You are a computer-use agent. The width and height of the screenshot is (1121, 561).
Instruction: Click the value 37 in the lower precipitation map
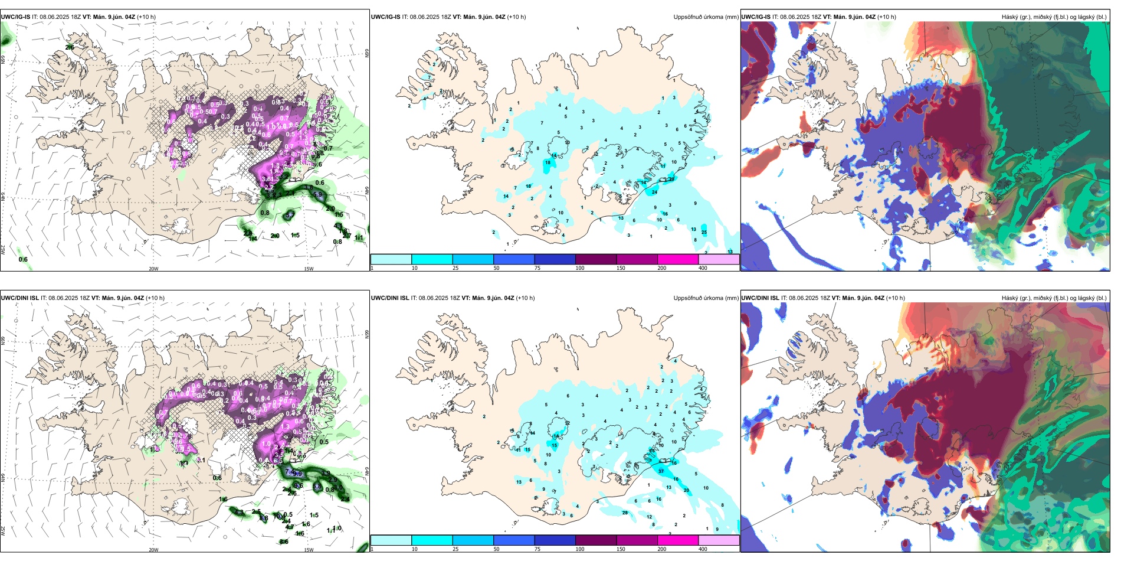[661, 471]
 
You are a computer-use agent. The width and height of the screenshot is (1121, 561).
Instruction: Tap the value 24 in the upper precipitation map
[654, 193]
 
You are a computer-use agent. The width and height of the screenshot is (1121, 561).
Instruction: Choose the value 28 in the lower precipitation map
[625, 513]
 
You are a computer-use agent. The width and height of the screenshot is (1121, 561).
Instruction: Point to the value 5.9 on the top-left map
[317, 194]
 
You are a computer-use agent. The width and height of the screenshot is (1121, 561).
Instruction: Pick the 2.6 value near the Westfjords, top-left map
[70, 47]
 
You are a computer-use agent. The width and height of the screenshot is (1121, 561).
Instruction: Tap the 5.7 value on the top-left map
[289, 216]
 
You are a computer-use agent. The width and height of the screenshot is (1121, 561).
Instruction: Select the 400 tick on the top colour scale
[703, 268]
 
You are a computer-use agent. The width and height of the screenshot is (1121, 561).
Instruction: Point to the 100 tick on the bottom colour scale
[580, 549]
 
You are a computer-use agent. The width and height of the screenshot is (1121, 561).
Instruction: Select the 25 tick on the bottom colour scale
[455, 549]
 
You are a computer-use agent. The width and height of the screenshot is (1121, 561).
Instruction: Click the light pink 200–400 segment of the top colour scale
[719, 259]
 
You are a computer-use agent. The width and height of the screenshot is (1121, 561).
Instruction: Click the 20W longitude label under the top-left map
[153, 269]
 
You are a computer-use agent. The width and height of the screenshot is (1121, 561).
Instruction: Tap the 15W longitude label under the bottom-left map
[308, 550]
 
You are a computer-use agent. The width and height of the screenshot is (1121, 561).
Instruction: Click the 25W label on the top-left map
[3, 250]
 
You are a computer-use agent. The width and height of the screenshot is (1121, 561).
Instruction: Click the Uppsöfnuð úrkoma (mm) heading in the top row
[706, 17]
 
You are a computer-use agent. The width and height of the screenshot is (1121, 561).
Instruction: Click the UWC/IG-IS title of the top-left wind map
[15, 17]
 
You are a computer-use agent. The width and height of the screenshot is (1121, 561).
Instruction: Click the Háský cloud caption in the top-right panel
[1054, 17]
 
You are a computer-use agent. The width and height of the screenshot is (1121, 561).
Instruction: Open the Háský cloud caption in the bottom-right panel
[1054, 298]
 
